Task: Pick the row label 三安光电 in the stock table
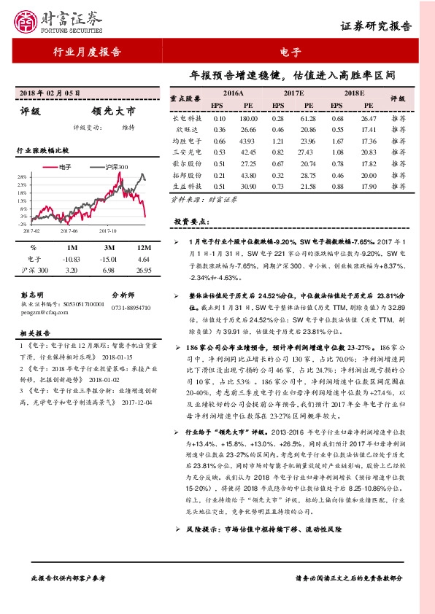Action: pyautogui.click(x=185, y=151)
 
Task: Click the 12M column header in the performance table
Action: pyautogui.click(x=143, y=247)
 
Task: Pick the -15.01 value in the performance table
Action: pyautogui.click(x=108, y=259)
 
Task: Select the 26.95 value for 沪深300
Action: pyautogui.click(x=143, y=270)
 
